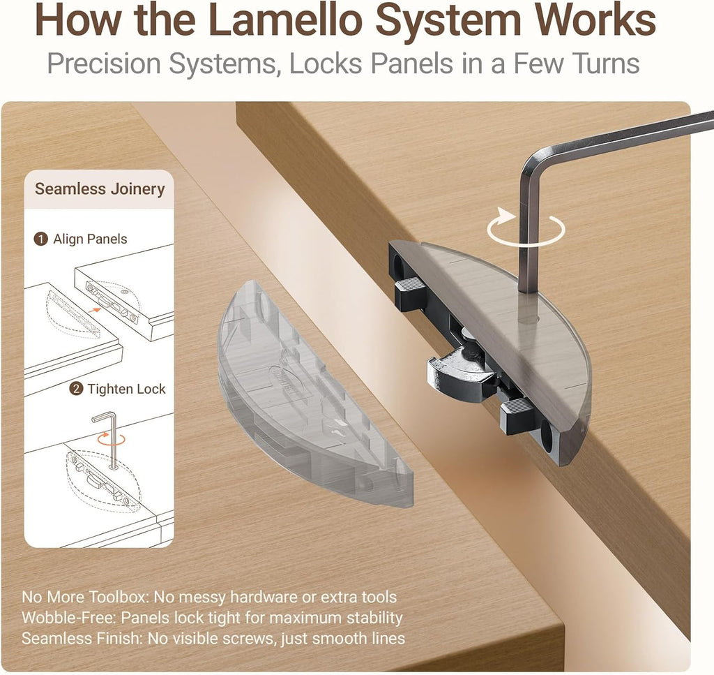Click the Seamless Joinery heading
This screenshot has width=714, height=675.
pos(100,188)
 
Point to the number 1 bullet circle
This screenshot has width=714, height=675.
pos(41,239)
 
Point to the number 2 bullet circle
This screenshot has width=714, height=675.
pos(76,389)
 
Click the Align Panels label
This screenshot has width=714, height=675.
pos(90,239)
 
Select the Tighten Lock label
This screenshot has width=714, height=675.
pos(127,389)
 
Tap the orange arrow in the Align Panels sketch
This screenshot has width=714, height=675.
pos(94,310)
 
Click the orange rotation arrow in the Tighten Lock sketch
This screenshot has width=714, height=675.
pos(111,440)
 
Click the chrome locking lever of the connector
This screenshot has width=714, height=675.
pos(460,369)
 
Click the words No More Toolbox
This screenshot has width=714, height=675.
pos(84,597)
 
